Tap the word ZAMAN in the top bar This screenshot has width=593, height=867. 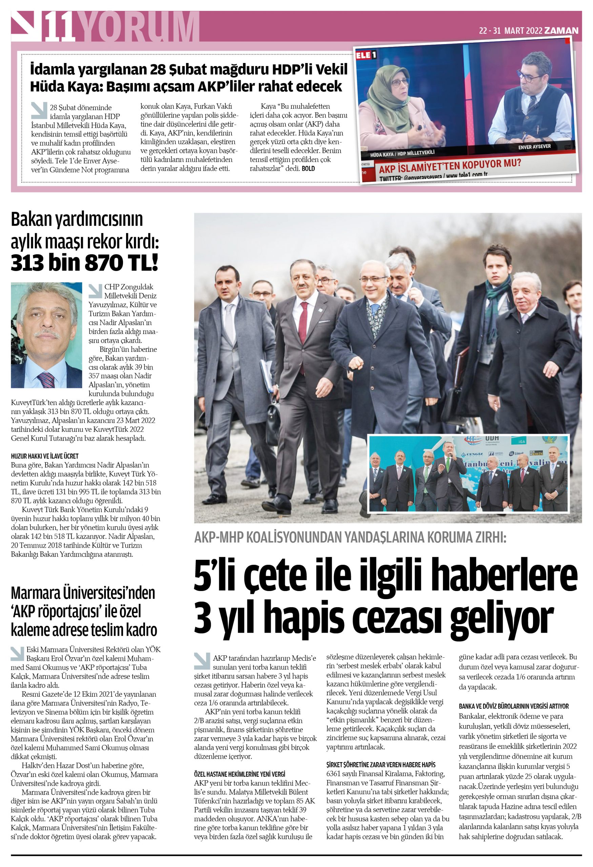click(561, 30)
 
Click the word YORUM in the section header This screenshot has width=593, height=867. click(139, 27)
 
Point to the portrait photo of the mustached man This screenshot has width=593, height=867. click(46, 335)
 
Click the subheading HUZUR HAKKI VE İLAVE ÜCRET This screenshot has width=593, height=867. click(45, 456)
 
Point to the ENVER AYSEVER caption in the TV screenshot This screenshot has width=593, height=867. click(534, 147)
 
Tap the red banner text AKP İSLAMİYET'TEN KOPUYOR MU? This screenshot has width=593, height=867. click(450, 166)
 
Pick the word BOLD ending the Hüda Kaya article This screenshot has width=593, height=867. click(308, 169)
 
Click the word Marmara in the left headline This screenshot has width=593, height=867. click(35, 593)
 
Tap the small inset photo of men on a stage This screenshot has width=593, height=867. click(468, 473)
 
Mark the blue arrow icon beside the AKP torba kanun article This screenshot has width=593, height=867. click(202, 661)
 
